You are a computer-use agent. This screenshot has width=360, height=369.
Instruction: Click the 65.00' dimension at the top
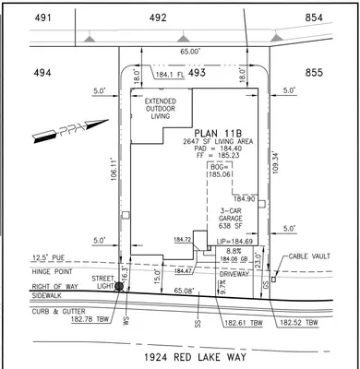pos(187,54)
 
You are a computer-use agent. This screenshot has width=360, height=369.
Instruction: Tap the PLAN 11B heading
pos(218,133)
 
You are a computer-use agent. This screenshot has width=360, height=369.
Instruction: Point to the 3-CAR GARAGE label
pos(230,217)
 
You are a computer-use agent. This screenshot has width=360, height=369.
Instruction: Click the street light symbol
pos(118,287)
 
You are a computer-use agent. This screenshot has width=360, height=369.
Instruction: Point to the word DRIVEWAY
pos(234,273)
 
